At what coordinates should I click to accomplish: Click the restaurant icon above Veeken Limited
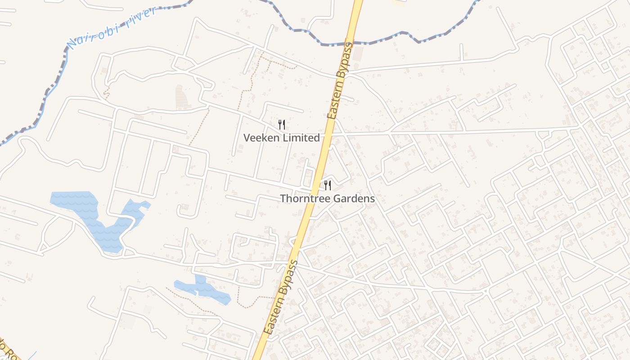coord(282,125)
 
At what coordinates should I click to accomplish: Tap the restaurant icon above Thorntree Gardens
coord(328,185)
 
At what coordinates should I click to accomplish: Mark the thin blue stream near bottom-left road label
coord(31,355)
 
